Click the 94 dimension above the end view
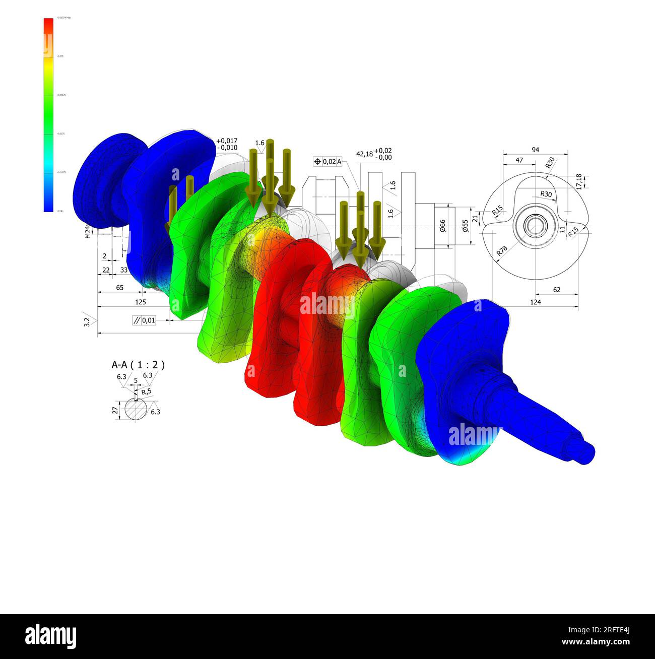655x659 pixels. [x=535, y=150]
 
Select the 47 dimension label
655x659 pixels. [x=519, y=160]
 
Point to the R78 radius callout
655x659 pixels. [x=502, y=250]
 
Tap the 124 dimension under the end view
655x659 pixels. [x=535, y=302]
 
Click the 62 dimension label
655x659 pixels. [x=556, y=290]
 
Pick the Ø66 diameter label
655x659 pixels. [x=442, y=225]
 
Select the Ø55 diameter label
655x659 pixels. [x=466, y=225]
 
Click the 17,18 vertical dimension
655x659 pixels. [x=579, y=181]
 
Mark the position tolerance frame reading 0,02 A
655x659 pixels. [x=328, y=161]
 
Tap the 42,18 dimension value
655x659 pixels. [x=364, y=154]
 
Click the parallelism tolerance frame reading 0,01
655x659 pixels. [x=144, y=320]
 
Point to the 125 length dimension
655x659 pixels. [x=141, y=302]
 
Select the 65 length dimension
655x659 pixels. [x=120, y=288]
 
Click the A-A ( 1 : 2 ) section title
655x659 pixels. [x=138, y=365]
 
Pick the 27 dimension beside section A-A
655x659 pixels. [x=115, y=411]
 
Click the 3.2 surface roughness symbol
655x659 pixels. [x=87, y=321]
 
